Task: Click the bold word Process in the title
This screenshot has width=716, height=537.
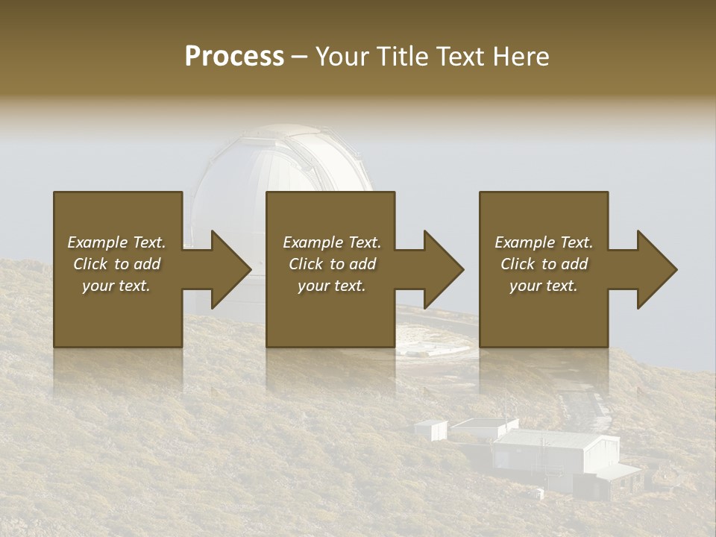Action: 234,57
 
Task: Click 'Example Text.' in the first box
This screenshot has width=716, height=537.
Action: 116,242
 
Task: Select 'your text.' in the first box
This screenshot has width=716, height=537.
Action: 116,286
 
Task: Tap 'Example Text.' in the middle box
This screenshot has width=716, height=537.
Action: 332,242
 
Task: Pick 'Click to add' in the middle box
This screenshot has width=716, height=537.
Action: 332,264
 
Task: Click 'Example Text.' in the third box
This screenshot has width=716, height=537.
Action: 544,242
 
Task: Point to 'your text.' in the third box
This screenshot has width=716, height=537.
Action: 544,286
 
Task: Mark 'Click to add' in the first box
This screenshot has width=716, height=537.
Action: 116,264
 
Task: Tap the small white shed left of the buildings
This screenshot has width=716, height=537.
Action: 431,429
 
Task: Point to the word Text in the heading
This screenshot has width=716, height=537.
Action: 460,57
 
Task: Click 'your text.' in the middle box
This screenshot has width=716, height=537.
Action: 332,286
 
